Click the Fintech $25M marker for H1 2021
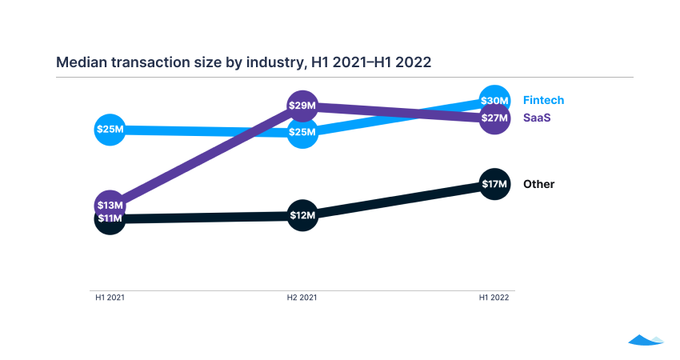[110, 129]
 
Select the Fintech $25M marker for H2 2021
[302, 132]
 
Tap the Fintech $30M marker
[494, 101]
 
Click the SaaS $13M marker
[110, 206]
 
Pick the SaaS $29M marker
[302, 106]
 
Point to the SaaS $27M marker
[494, 118]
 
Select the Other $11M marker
[110, 218]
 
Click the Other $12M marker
[302, 215]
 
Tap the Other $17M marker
[494, 185]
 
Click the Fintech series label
[543, 100]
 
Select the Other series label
[538, 184]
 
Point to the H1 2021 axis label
[110, 297]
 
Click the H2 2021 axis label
[302, 297]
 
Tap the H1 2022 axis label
[494, 297]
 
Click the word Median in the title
[79, 62]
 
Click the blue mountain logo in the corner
[646, 339]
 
